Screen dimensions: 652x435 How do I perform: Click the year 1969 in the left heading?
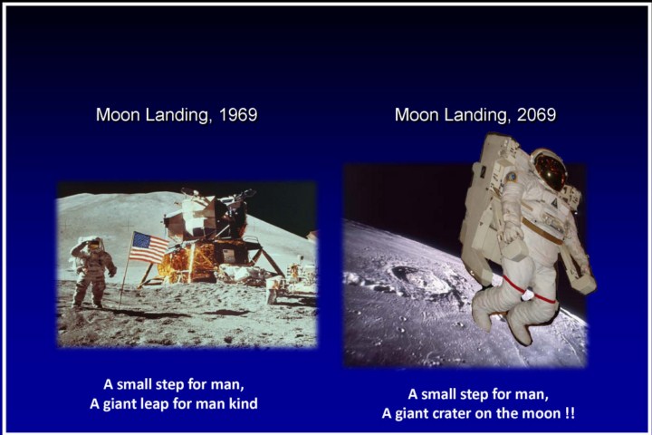click(x=238, y=115)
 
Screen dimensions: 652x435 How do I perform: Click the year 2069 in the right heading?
click(x=536, y=115)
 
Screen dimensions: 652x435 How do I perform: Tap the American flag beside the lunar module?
click(x=149, y=248)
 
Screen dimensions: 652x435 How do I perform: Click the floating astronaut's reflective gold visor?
click(x=550, y=169)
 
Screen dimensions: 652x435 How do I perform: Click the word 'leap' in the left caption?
click(x=157, y=404)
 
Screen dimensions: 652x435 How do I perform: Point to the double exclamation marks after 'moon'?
click(x=570, y=413)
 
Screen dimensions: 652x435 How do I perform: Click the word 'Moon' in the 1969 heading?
click(x=118, y=115)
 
